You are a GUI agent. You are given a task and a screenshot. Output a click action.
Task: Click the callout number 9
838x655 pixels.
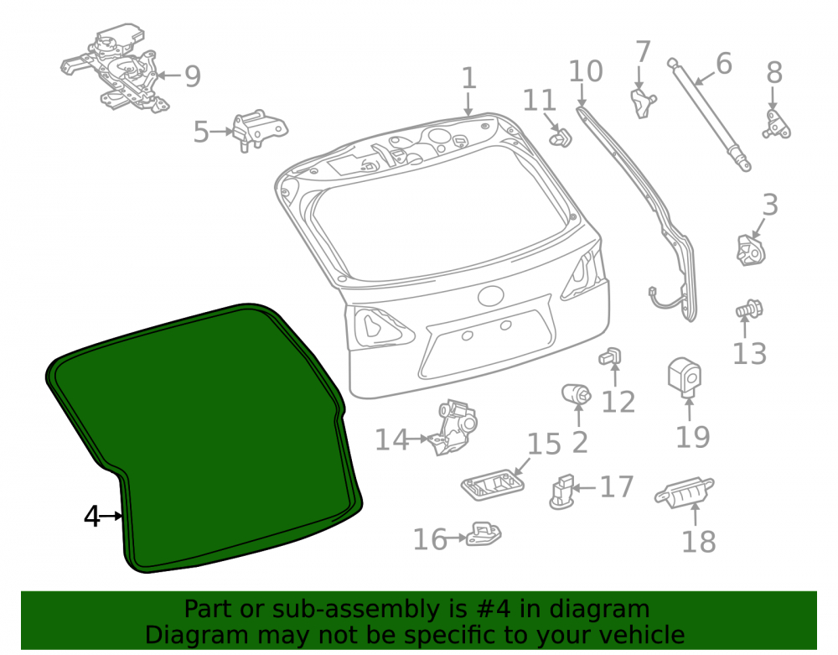tap(193, 76)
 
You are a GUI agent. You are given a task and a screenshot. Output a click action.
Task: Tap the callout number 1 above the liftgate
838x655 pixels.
tap(468, 78)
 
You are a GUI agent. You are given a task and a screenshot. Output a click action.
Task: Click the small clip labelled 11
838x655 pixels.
tap(560, 138)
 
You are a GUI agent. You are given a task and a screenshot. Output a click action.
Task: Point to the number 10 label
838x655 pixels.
tap(586, 71)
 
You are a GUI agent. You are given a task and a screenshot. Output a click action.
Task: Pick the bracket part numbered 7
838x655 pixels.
tap(644, 102)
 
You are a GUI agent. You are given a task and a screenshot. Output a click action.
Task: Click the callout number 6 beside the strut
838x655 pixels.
tap(724, 65)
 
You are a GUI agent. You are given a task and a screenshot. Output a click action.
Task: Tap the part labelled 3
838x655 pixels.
tap(751, 250)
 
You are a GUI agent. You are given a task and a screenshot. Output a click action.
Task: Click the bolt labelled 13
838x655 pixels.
tap(749, 309)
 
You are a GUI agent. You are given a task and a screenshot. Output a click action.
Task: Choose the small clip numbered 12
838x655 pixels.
tap(610, 356)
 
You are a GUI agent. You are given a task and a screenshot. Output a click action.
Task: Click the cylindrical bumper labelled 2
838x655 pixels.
tap(577, 394)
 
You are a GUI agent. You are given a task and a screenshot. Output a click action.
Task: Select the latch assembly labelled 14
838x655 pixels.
tap(453, 427)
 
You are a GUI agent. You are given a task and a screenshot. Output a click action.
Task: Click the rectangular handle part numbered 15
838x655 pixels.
tap(492, 485)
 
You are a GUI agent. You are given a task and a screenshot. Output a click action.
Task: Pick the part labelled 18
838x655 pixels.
tap(685, 492)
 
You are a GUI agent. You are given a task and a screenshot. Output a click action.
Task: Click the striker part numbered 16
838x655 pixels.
tap(484, 534)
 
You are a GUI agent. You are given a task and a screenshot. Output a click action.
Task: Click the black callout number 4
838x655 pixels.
tap(92, 517)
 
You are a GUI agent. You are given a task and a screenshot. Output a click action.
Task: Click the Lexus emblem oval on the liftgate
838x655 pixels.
tap(490, 296)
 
